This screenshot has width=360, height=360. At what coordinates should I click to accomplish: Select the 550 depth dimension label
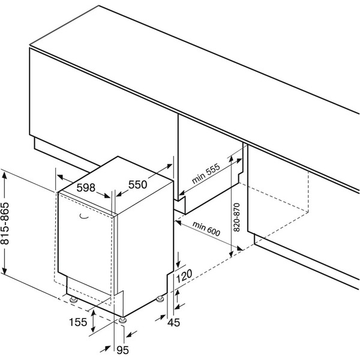tap(137, 185)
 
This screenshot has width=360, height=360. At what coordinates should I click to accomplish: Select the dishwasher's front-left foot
tap(73, 298)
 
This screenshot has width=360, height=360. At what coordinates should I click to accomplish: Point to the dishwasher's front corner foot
tap(123, 319)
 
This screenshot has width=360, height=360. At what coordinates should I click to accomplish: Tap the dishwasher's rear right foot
tap(161, 298)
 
